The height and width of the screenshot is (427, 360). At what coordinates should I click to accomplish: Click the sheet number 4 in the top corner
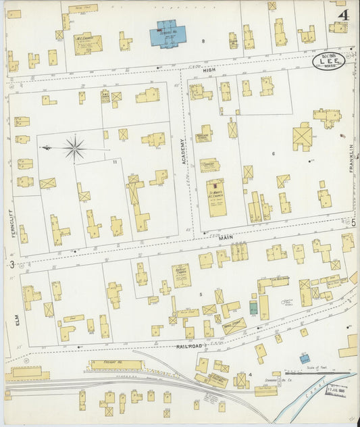344,14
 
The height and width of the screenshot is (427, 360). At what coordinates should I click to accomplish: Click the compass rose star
75,148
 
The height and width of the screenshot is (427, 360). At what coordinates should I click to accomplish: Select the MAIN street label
225,237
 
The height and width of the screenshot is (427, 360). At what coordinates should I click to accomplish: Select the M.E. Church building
87,43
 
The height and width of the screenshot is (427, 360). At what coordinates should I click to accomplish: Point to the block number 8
203,42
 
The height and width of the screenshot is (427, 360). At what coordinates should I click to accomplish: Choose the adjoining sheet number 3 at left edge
12,263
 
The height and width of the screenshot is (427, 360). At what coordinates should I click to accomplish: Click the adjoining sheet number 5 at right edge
353,222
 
